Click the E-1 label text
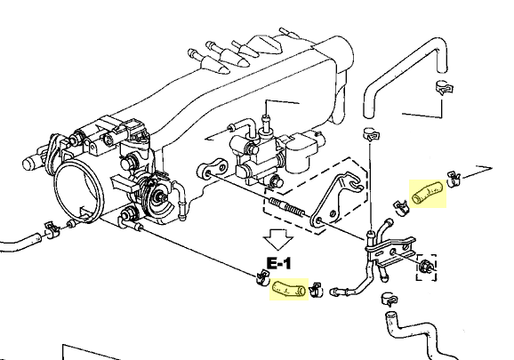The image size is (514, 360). tap(279, 263)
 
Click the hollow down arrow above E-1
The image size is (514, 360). tap(278, 240)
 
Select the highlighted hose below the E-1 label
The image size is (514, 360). tap(289, 289)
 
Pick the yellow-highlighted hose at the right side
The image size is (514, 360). tap(428, 194)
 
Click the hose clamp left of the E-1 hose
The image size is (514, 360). tap(262, 277)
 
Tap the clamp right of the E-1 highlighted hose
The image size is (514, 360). tap(316, 290)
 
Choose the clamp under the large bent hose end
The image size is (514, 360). tap(444, 88)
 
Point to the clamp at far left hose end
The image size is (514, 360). tap(52, 229)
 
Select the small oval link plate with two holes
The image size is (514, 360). tap(213, 168)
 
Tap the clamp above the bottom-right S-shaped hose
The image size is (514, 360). tap(390, 300)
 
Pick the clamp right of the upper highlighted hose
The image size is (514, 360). tap(454, 179)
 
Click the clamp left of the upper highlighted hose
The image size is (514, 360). tap(400, 208)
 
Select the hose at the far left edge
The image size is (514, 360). tap(20, 243)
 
